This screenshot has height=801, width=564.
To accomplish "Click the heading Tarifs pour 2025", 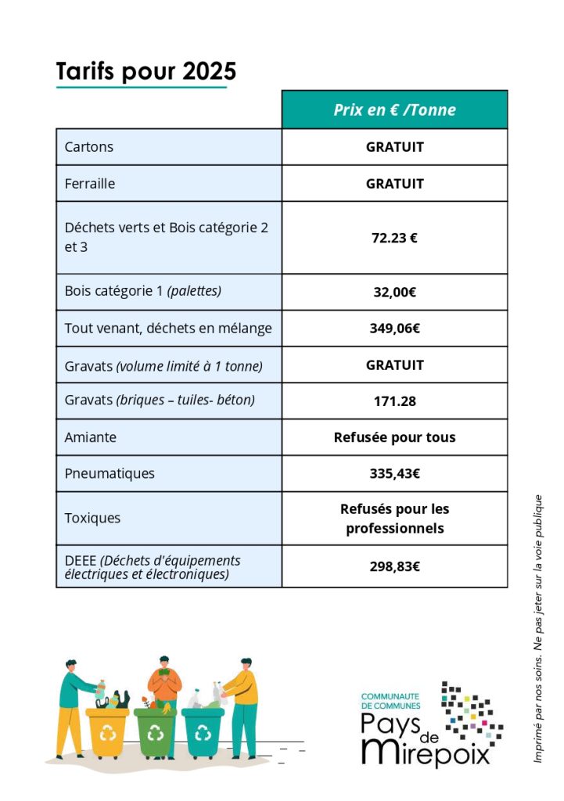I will click(146, 71).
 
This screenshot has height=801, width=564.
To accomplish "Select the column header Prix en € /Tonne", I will click(394, 110).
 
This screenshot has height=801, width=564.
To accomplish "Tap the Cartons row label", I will click(88, 147).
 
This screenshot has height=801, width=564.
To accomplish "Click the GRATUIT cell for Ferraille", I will click(394, 184).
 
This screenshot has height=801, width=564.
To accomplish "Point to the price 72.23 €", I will click(394, 238).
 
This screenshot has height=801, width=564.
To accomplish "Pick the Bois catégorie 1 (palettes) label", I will click(143, 292).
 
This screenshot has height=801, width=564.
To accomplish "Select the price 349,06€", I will click(394, 329).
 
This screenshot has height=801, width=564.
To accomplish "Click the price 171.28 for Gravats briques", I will click(394, 401).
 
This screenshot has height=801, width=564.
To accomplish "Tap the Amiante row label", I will click(90, 437).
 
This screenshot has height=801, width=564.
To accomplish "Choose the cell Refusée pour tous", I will click(394, 437).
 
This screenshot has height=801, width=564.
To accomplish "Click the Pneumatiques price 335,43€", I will click(394, 473).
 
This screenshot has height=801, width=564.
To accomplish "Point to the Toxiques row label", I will click(92, 518).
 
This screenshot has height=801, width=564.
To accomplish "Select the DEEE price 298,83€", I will click(394, 566).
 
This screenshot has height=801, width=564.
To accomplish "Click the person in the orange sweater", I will click(165, 684).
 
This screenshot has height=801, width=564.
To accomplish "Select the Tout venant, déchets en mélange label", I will click(168, 329).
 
